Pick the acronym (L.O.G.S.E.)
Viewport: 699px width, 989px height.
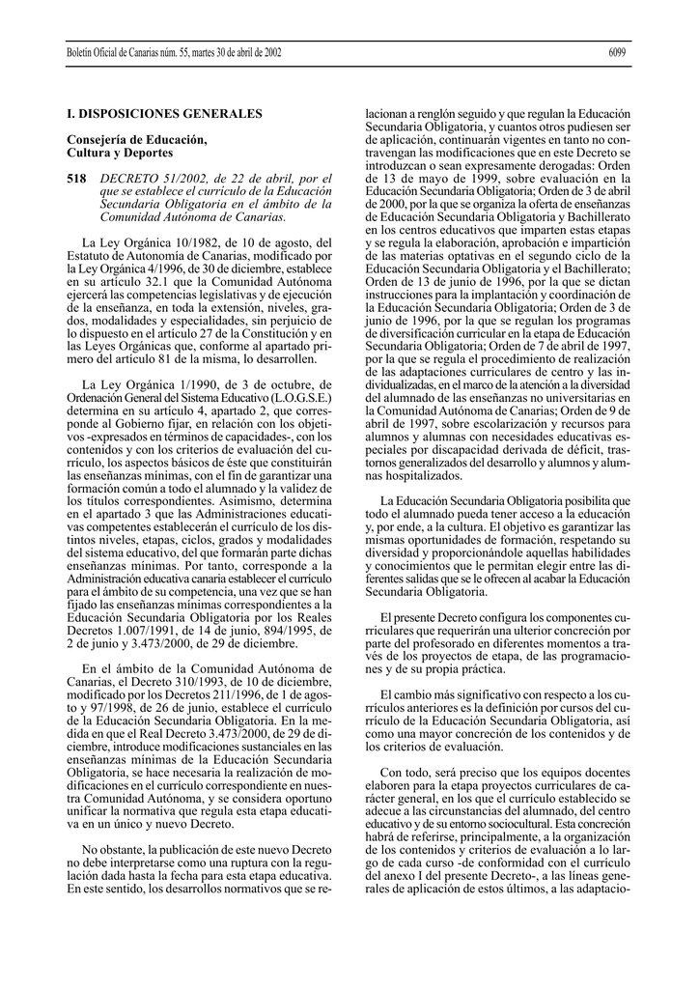pos(299,396)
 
